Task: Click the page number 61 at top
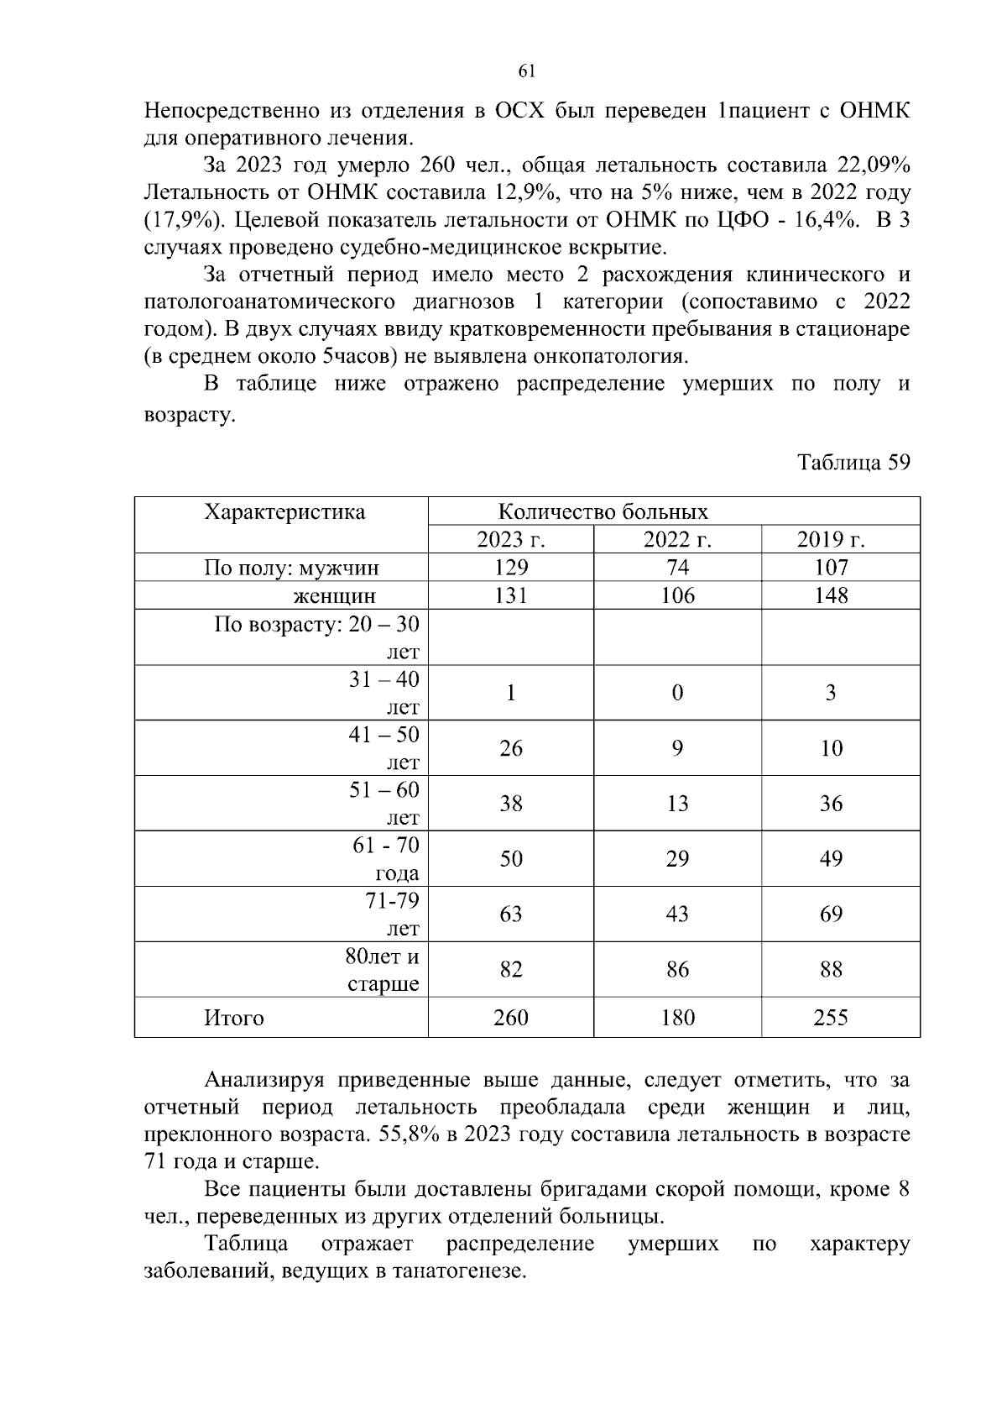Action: [x=527, y=72]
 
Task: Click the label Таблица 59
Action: [x=853, y=463]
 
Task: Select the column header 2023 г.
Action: [x=510, y=540]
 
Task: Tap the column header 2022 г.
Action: [x=677, y=540]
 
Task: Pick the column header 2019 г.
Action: [x=831, y=540]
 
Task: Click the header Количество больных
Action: [x=603, y=512]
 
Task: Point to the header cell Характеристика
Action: [x=284, y=512]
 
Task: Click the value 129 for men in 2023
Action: [x=510, y=568]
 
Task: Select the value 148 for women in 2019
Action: [x=831, y=595]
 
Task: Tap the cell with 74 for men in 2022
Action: [x=677, y=568]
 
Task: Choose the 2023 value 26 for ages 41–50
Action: [x=510, y=748]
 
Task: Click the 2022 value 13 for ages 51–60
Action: [x=677, y=804]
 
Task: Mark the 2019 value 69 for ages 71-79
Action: [x=831, y=914]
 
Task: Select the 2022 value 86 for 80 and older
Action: [x=677, y=970]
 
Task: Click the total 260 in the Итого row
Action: [x=510, y=1018]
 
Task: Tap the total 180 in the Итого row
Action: [x=677, y=1018]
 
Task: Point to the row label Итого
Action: [x=234, y=1018]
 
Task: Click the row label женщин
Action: [x=333, y=596]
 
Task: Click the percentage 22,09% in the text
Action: [x=874, y=165]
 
